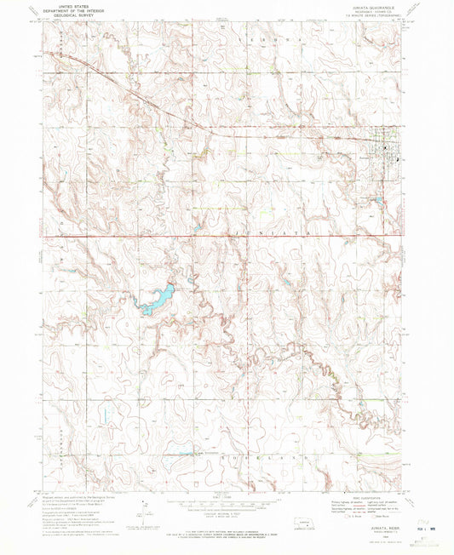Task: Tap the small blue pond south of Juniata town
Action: pyautogui.click(x=377, y=201)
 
